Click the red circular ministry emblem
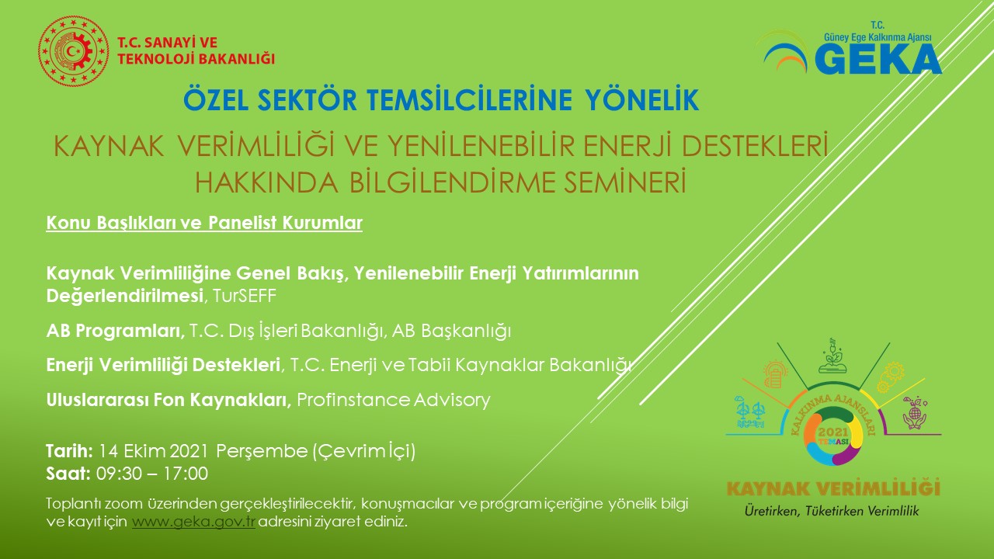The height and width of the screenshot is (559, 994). coord(73,51)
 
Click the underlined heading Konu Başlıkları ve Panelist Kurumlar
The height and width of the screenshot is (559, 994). coord(204,223)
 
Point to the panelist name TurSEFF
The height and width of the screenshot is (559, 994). coord(245,296)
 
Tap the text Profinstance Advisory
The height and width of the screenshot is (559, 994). coord(394,400)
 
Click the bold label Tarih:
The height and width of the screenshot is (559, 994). coord(70,451)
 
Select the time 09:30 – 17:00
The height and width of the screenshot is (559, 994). coord(152,474)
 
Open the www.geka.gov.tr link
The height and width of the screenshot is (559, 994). coord(193,522)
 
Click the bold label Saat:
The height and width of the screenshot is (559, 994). coord(68,474)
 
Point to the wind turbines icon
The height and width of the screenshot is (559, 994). coord(750,412)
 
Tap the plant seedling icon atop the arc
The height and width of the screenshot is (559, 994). coord(832,356)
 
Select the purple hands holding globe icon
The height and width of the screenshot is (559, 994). coord(915,413)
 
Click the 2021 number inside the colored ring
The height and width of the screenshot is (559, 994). coord(833,432)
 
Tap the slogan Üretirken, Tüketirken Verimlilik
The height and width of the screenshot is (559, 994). coord(832,511)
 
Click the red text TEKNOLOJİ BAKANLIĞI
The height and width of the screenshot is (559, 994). coord(196,59)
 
